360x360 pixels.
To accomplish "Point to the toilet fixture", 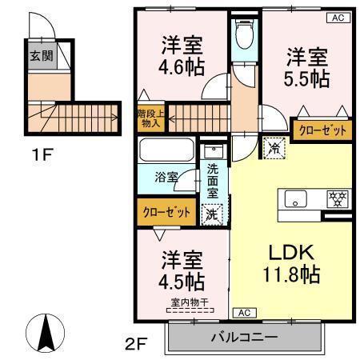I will tap(245, 36).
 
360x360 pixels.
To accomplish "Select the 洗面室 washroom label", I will tap(212, 182).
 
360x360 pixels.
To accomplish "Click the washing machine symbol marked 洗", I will tap(211, 213).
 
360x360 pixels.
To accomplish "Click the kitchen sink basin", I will tap(294, 198).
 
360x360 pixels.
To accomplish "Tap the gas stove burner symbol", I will tap(335, 198).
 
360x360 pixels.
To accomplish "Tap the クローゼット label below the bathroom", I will tap(166, 212).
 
